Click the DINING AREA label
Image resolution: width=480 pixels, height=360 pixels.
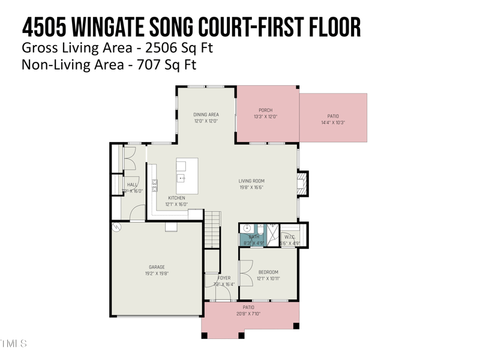point(206,115)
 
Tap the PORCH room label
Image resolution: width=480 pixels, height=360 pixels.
point(265,110)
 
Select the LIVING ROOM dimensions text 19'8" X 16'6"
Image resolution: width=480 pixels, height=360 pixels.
point(251,187)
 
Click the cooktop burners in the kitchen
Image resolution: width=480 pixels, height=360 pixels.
point(155,185)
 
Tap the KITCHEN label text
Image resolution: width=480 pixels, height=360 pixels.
point(176,198)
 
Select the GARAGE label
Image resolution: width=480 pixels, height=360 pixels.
point(157,268)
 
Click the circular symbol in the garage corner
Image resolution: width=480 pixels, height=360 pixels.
point(117,227)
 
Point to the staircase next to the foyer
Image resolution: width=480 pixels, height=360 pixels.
point(212,229)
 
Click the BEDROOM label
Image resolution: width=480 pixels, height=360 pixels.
point(268,272)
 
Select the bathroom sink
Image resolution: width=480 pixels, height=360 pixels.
point(247,229)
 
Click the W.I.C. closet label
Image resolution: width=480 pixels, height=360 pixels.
point(289,237)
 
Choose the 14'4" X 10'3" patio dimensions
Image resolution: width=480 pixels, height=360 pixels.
point(333,123)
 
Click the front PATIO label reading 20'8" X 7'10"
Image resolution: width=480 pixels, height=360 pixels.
point(248,314)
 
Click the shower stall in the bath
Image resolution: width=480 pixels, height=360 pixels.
point(272,235)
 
